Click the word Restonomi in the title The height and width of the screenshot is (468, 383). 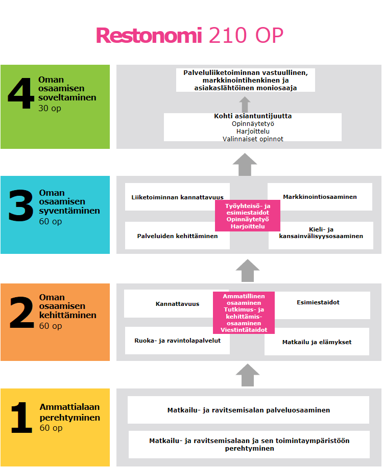tap(149, 36)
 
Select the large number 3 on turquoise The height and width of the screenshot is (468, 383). tap(21, 206)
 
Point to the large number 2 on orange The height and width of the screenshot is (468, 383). tap(21, 311)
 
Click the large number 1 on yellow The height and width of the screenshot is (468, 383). tap(22, 418)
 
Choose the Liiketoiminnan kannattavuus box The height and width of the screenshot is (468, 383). tap(171, 197)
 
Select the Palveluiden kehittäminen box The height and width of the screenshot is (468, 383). tap(171, 236)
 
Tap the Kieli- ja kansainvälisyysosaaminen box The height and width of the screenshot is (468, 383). tap(321, 233)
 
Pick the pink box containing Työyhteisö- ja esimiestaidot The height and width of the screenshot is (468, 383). tap(248, 216)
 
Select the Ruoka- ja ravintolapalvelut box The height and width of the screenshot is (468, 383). tap(177, 341)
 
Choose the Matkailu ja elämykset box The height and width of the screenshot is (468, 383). tap(317, 342)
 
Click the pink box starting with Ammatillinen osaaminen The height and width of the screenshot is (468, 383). tap(244, 313)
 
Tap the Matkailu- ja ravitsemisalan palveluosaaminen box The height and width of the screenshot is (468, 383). tap(248, 410)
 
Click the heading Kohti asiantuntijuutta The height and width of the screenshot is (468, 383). tap(253, 116)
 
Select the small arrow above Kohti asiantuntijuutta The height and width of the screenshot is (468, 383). tap(245, 104)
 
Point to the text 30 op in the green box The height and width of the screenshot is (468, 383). tap(50, 109)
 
